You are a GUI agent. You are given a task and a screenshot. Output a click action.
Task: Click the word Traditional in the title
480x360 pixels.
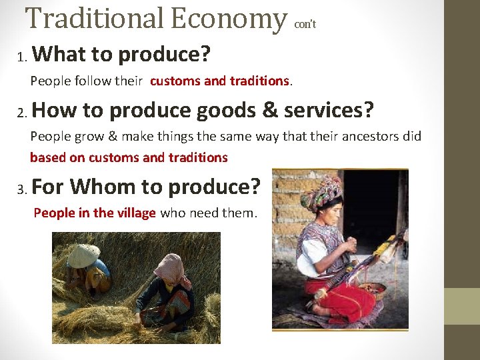[x=93, y=19]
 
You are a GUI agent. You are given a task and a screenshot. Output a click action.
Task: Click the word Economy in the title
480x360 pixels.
[x=226, y=19]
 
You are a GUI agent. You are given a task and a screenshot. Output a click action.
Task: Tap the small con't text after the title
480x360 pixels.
[x=305, y=24]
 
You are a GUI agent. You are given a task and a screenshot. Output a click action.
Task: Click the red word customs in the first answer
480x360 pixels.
[x=175, y=81]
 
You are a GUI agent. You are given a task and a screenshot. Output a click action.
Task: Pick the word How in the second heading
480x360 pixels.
[x=51, y=109]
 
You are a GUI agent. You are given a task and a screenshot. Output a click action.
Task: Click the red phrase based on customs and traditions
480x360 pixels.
[x=129, y=158]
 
